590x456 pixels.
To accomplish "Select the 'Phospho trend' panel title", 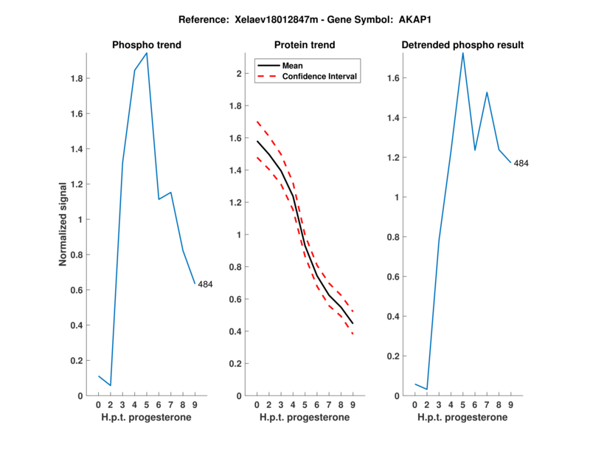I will pos(146,45).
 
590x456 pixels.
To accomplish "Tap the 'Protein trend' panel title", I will pos(304,45).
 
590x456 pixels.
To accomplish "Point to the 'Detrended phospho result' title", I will pos(462,45).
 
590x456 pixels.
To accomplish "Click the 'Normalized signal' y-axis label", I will pos(63,224).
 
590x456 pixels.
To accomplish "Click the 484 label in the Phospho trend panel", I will pos(206,284).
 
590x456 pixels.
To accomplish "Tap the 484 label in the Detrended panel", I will pos(521,163).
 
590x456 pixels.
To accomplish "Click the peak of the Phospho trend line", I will pos(147,53).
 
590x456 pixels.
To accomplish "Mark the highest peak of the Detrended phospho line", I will pos(463,52).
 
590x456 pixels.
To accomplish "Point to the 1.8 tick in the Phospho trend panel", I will pos(75,78).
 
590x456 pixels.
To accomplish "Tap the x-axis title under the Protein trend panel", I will pos(304,418).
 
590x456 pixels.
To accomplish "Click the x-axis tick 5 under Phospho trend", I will pos(147,405).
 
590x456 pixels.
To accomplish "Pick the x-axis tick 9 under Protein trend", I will pos(353,405).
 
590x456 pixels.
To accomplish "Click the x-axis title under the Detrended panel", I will pos(462,418).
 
